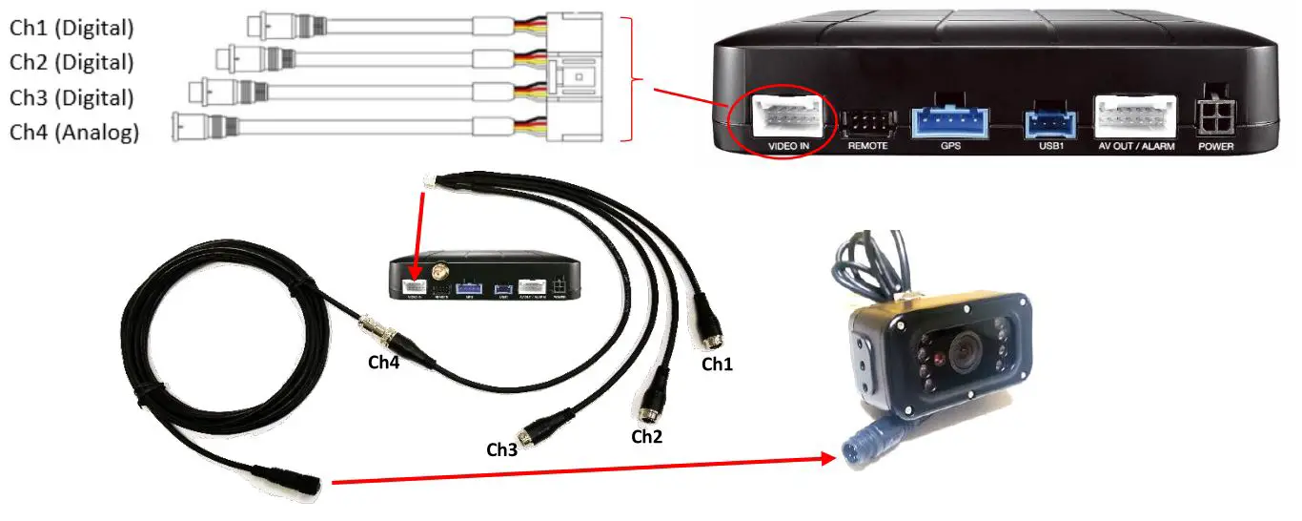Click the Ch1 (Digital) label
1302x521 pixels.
[x=71, y=28]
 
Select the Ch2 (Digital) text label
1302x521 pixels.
[x=71, y=62]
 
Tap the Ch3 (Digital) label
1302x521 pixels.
[x=71, y=97]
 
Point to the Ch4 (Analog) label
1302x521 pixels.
[x=74, y=132]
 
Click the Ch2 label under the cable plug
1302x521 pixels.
[x=646, y=437]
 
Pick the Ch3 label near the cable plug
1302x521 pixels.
[x=502, y=448]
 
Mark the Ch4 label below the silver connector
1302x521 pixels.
[x=384, y=363]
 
